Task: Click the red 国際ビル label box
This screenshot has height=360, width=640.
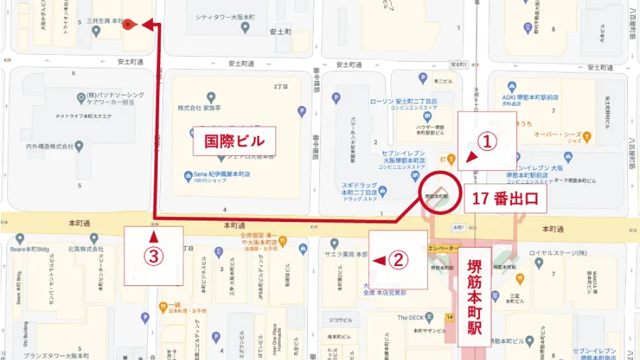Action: [x=234, y=140]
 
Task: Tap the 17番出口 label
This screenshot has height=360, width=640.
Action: [x=504, y=199]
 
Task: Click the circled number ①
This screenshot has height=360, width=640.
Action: [x=486, y=143]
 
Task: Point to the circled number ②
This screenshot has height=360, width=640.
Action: [x=400, y=260]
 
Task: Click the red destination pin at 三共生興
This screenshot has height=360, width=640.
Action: [x=127, y=24]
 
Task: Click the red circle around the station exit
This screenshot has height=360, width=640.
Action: [x=439, y=194]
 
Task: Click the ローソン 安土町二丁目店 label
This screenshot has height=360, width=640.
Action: [x=402, y=102]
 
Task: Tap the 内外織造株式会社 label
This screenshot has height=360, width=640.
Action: [x=50, y=147]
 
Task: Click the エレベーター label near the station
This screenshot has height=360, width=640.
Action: [x=444, y=248]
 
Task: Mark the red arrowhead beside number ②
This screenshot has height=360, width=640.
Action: [x=379, y=260]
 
